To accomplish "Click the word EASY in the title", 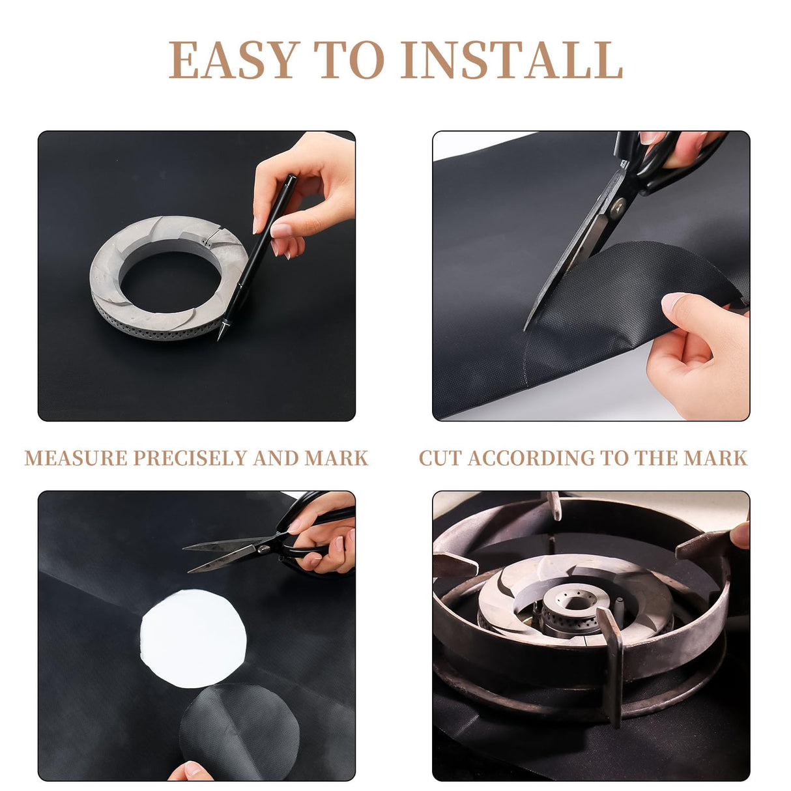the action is (x=233, y=59).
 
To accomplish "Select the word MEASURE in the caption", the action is (x=76, y=458).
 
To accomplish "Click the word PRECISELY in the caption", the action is (x=190, y=458).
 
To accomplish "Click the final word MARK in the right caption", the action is (x=715, y=458).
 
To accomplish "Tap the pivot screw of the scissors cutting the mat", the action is (x=618, y=203).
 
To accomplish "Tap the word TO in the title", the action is (x=349, y=59).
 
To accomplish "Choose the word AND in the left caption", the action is (x=276, y=458).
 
